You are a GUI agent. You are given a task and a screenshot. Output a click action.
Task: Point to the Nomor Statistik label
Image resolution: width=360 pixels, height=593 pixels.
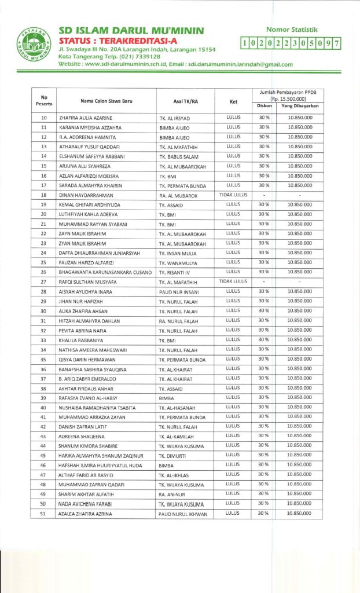point(292,29)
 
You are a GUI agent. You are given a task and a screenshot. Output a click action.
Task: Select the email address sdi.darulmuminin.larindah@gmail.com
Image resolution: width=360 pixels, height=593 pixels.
point(240,64)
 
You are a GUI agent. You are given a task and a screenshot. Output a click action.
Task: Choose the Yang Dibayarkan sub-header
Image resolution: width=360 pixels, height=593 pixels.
point(300,106)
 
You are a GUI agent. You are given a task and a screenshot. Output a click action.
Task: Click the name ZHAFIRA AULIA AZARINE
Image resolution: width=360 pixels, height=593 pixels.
point(86,118)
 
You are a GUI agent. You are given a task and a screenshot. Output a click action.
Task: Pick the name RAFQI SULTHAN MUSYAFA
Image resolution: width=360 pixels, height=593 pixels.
point(87,282)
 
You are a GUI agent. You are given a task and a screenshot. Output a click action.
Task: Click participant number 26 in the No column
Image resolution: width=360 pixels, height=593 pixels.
point(44,272)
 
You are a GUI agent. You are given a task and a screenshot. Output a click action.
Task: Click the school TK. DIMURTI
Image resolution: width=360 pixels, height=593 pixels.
point(173,455)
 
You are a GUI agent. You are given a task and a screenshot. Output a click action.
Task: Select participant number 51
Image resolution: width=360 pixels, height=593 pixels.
point(44,513)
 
